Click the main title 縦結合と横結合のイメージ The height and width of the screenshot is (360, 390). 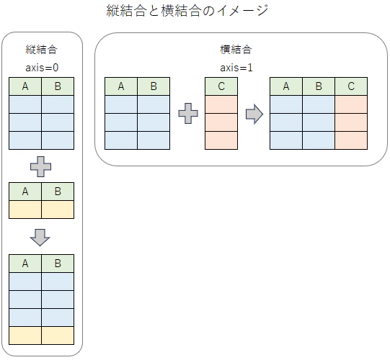point(187,11)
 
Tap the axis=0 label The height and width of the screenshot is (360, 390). point(42,68)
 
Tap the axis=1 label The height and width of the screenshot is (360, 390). point(236,68)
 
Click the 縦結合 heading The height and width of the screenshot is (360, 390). point(42,49)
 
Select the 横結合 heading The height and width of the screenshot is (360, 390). point(236,49)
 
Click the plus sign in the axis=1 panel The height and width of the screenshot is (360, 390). point(188,114)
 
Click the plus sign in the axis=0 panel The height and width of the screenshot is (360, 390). point(41,167)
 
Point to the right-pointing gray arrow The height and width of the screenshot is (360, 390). point(254,114)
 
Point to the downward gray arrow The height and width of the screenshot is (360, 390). point(40,238)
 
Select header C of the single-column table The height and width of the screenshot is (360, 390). point(221,86)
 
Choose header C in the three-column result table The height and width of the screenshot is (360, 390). point(351,86)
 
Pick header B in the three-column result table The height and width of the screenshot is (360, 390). point(319,86)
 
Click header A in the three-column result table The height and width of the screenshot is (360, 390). point(286,86)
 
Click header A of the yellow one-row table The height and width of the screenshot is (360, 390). point(25,192)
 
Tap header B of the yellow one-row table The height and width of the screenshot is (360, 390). point(58,192)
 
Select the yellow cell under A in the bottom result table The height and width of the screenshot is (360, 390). point(25,336)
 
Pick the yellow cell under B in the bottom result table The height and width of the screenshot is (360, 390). point(58,336)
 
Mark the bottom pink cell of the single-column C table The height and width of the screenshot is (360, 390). point(221,140)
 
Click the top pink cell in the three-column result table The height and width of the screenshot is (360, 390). point(351,104)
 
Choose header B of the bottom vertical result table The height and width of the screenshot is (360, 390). point(58,264)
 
